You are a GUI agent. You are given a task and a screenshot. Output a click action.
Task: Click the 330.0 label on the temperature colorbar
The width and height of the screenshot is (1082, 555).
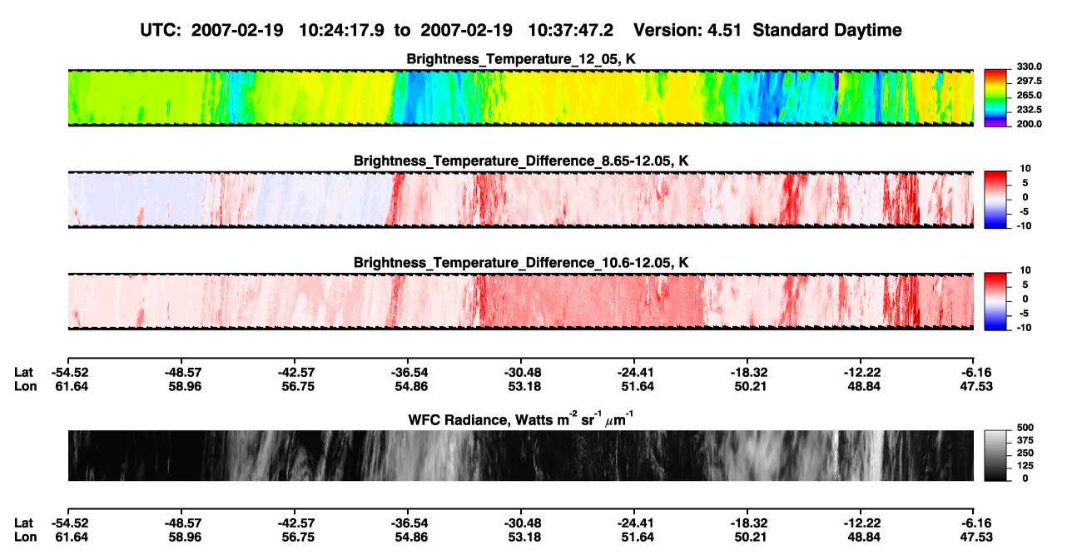point(1029,67)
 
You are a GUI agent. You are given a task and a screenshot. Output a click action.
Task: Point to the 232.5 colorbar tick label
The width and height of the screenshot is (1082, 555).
point(1029,110)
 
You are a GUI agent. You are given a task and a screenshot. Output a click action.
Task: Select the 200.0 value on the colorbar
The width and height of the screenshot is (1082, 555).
point(1029,124)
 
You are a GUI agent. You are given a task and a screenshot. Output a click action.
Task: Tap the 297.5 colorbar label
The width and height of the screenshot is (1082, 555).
point(1029,82)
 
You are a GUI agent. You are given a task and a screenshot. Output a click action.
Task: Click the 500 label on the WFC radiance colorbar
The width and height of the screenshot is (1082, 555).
point(1025,428)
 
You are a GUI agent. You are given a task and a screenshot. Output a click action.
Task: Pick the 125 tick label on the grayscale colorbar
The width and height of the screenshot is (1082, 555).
point(1025,466)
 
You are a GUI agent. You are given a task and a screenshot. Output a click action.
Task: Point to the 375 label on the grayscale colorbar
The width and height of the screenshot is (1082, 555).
point(1025,440)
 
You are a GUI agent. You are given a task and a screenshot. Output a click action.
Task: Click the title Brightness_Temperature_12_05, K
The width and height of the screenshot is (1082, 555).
point(521,59)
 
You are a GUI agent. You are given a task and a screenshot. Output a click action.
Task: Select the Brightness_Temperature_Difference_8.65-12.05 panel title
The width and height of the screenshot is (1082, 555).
point(521,161)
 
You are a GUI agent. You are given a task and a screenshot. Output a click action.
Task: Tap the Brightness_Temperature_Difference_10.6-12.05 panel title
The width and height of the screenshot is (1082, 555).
point(521,263)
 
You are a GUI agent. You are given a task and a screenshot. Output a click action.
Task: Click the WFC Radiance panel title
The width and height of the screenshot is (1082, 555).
point(520,419)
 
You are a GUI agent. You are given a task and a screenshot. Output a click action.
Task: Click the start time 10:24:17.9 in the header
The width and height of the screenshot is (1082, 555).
point(341,30)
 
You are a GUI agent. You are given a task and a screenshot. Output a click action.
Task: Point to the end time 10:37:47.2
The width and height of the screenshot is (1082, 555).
point(570,30)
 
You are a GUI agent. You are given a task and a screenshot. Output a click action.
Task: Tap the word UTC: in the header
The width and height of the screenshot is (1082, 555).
point(161,30)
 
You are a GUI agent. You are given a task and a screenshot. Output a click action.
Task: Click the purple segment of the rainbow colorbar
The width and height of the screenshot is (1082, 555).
point(995,124)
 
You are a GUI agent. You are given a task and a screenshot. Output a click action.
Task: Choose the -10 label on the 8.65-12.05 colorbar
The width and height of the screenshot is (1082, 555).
point(1024,226)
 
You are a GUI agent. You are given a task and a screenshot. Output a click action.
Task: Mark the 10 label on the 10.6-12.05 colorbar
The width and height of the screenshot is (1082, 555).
point(1025,270)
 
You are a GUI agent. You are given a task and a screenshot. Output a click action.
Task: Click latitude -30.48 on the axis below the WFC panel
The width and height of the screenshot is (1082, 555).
point(523,523)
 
